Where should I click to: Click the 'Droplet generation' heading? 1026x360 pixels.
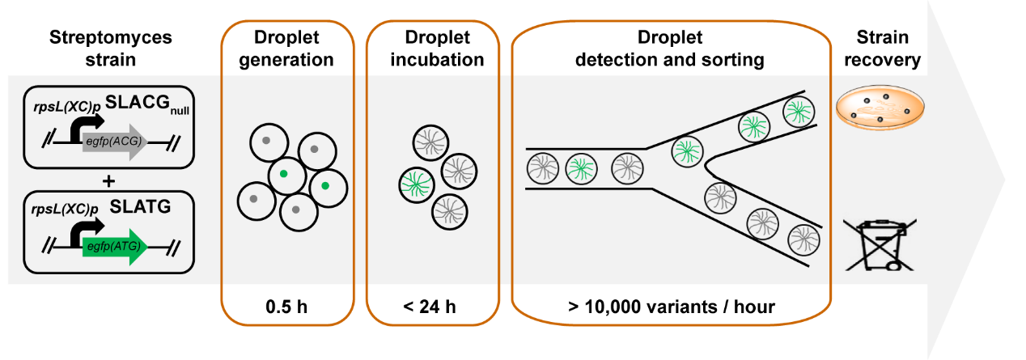288,49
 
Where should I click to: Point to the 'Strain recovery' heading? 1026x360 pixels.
888,49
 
